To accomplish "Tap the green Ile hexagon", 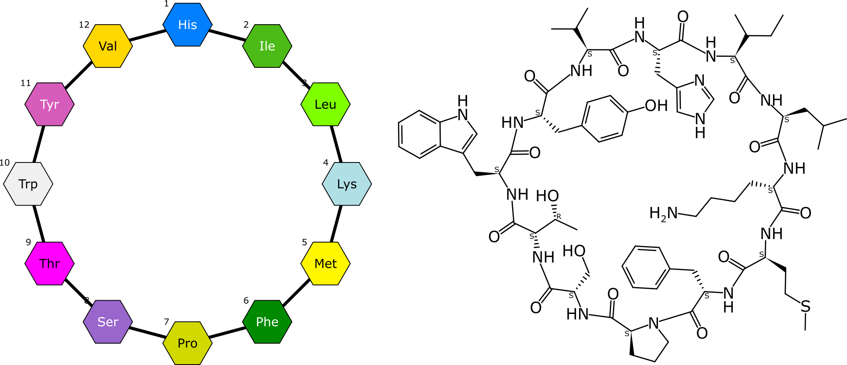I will [x=267, y=46].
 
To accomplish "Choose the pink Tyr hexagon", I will [x=49, y=104].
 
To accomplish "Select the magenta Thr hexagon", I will [x=49, y=264].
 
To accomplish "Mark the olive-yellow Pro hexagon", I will [x=187, y=343].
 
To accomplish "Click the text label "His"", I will [x=187, y=25].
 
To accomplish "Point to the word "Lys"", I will [x=347, y=184].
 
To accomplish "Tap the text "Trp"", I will [x=28, y=184].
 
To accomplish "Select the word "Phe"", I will [x=267, y=322].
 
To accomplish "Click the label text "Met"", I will [x=325, y=264].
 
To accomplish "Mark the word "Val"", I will [x=108, y=46].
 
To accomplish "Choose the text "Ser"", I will [x=108, y=322].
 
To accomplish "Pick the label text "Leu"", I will [x=325, y=104].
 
